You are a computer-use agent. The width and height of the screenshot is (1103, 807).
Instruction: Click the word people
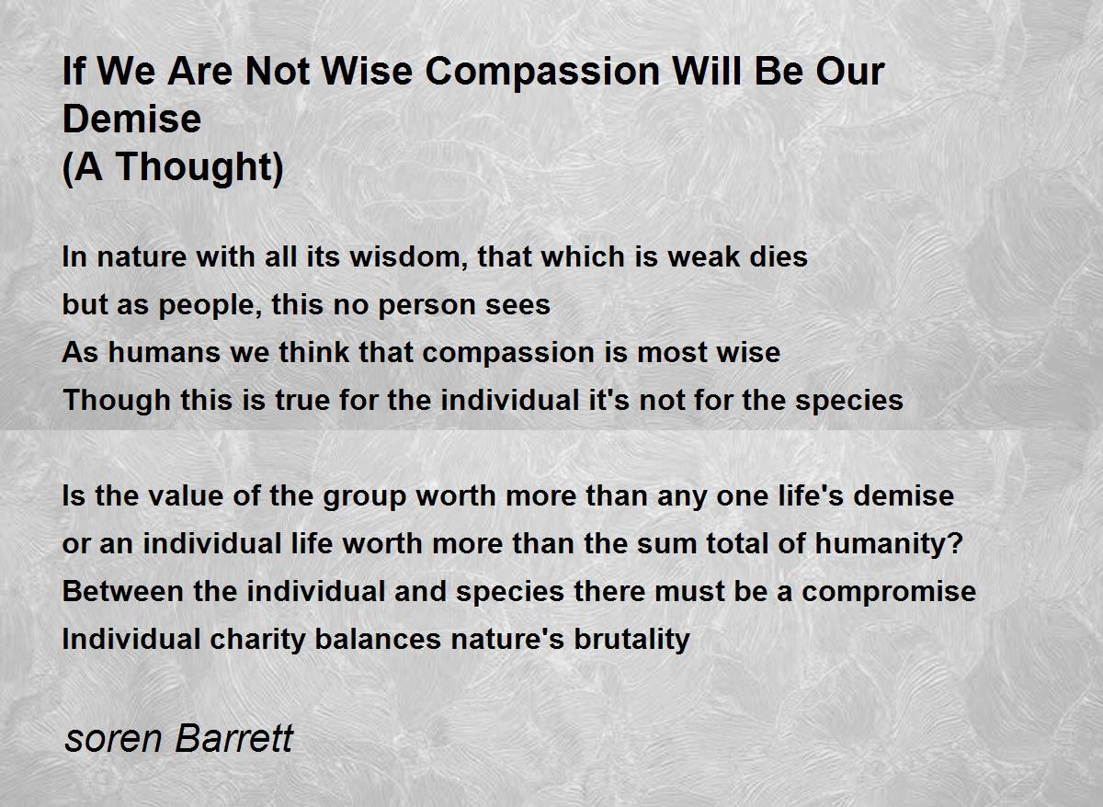(x=210, y=306)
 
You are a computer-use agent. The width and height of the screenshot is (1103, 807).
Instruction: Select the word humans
(x=165, y=353)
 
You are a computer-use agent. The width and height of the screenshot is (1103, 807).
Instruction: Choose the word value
(x=185, y=495)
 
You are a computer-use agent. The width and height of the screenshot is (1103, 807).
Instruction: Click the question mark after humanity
(x=955, y=543)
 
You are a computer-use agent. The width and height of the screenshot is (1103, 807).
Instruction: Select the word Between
(x=122, y=591)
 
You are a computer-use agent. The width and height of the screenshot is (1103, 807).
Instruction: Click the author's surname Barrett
(x=234, y=739)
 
